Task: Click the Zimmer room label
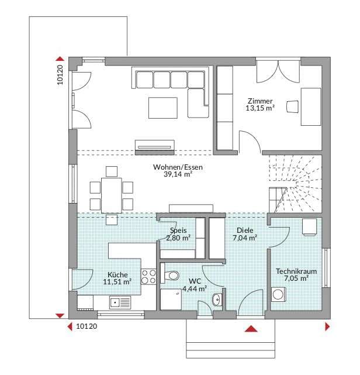pyautogui.click(x=260, y=101)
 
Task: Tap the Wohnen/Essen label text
pyautogui.click(x=178, y=167)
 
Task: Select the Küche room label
pyautogui.click(x=117, y=274)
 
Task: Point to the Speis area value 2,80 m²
pyautogui.click(x=178, y=238)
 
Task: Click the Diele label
pyautogui.click(x=245, y=230)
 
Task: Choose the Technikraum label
pyautogui.click(x=296, y=271)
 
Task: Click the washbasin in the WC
pyautogui.click(x=217, y=299)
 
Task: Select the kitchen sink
pyautogui.click(x=120, y=302)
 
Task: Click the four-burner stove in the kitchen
pyautogui.click(x=148, y=277)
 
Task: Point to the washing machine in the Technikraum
pyautogui.click(x=279, y=294)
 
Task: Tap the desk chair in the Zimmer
pyautogui.click(x=293, y=106)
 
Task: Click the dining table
pyautogui.click(x=111, y=195)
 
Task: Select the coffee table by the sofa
pyautogui.click(x=163, y=108)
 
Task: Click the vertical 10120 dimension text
pyautogui.click(x=60, y=75)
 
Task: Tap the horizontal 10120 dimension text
pyautogui.click(x=86, y=326)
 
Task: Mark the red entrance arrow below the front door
pyautogui.click(x=251, y=329)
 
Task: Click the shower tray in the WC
pyautogui.click(x=171, y=300)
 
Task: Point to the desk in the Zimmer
pyautogui.click(x=310, y=106)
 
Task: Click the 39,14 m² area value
pyautogui.click(x=178, y=174)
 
